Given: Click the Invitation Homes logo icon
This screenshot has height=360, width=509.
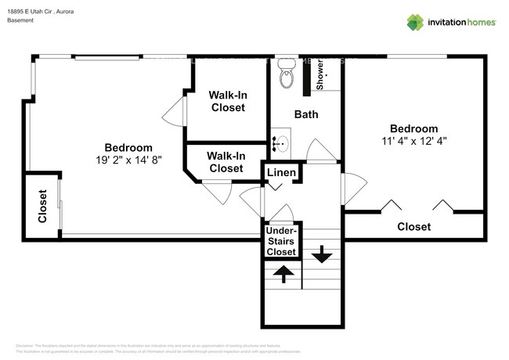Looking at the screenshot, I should [x=414, y=22].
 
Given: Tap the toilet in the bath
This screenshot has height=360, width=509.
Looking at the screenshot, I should [x=287, y=77].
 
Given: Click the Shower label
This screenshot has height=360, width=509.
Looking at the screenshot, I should [x=319, y=74].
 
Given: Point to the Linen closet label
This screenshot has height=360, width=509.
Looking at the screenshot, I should [x=281, y=172].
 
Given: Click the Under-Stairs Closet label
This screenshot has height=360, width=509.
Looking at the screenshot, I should [x=281, y=241].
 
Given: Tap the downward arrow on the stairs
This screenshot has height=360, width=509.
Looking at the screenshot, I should [x=321, y=255].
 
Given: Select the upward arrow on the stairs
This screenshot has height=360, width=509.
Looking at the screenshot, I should [x=283, y=274].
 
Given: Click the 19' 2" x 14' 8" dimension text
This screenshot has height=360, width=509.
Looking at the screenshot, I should [x=128, y=160].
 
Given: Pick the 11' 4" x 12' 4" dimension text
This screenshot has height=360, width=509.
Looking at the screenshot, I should [x=413, y=142].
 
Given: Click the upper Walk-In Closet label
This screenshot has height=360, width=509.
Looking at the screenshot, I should [x=228, y=101].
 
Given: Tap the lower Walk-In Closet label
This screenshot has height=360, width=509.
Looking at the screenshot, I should [x=226, y=162].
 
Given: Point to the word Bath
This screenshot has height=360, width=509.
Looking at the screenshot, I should [x=305, y=114].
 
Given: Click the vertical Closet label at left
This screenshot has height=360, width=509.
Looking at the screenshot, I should [x=43, y=207].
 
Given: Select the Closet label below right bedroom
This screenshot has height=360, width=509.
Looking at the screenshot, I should [x=413, y=227].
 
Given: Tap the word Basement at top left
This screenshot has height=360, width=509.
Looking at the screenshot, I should [x=20, y=20].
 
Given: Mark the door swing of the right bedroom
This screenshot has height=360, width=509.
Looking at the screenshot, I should [x=355, y=189].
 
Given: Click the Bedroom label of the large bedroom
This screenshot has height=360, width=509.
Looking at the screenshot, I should [x=128, y=147].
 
